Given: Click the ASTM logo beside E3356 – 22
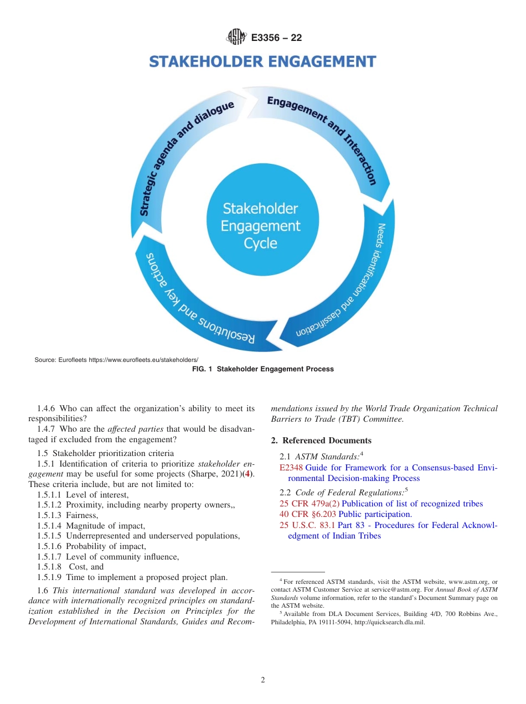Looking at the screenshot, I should point(236,38).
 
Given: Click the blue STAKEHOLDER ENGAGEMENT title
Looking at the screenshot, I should point(262,61).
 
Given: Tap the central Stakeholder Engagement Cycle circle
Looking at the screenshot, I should point(260,225).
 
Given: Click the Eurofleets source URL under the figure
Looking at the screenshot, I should point(143,360).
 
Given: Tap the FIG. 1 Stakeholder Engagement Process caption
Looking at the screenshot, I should point(262,369).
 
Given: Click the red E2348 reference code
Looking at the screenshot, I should point(291,468).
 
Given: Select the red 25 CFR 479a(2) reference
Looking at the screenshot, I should point(310,504).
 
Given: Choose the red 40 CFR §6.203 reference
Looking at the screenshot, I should point(308,514).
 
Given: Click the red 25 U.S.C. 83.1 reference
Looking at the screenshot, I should point(307,525).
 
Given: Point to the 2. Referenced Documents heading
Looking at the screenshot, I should point(321,441).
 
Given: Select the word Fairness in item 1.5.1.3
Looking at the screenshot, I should point(81,515).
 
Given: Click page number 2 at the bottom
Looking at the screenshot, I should point(262,680).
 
